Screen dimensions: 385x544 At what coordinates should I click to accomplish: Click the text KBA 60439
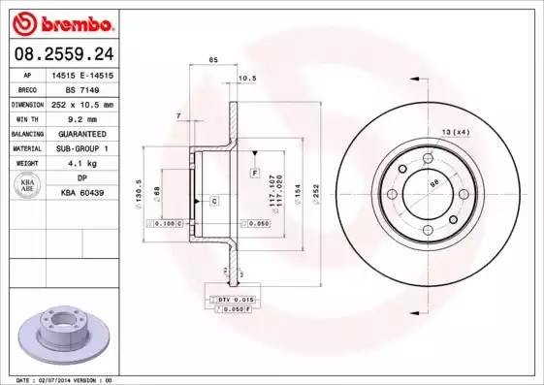pyautogui.click(x=81, y=193)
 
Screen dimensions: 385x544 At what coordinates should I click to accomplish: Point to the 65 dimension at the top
pyautogui.click(x=212, y=60)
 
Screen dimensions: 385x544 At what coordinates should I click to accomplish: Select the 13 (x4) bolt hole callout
pyautogui.click(x=455, y=131)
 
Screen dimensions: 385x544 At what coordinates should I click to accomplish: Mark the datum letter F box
pyautogui.click(x=254, y=173)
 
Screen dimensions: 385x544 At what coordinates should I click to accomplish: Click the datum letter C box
pyautogui.click(x=213, y=201)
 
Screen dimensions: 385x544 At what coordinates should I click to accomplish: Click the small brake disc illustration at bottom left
pyautogui.click(x=60, y=334)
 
